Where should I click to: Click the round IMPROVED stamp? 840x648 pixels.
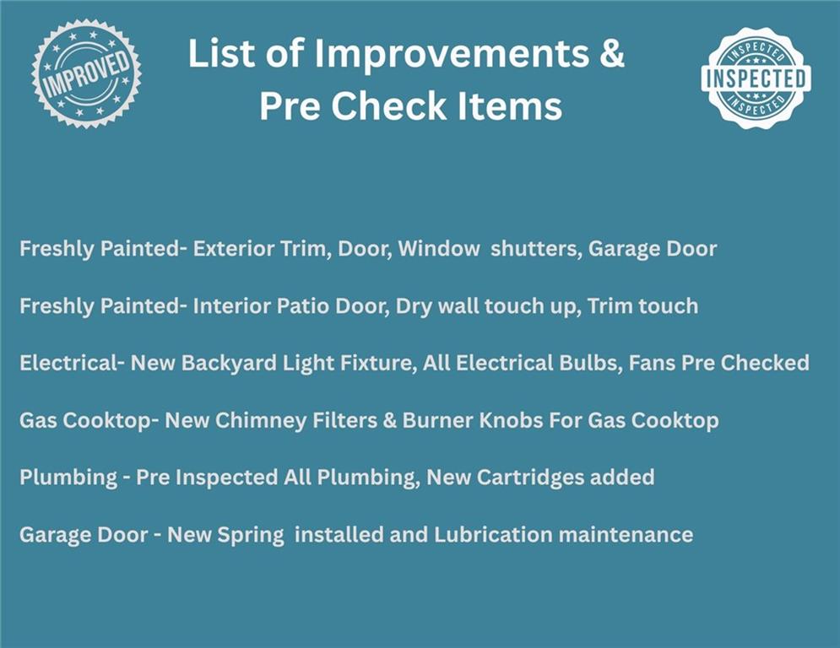(86, 74)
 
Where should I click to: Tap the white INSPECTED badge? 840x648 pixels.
(756, 78)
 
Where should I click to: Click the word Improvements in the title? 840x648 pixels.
(451, 53)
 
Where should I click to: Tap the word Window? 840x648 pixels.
(439, 249)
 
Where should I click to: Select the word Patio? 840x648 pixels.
(303, 306)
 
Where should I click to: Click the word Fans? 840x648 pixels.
(652, 364)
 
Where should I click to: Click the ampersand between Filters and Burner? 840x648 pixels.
(389, 421)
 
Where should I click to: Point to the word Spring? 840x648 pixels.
(252, 535)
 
